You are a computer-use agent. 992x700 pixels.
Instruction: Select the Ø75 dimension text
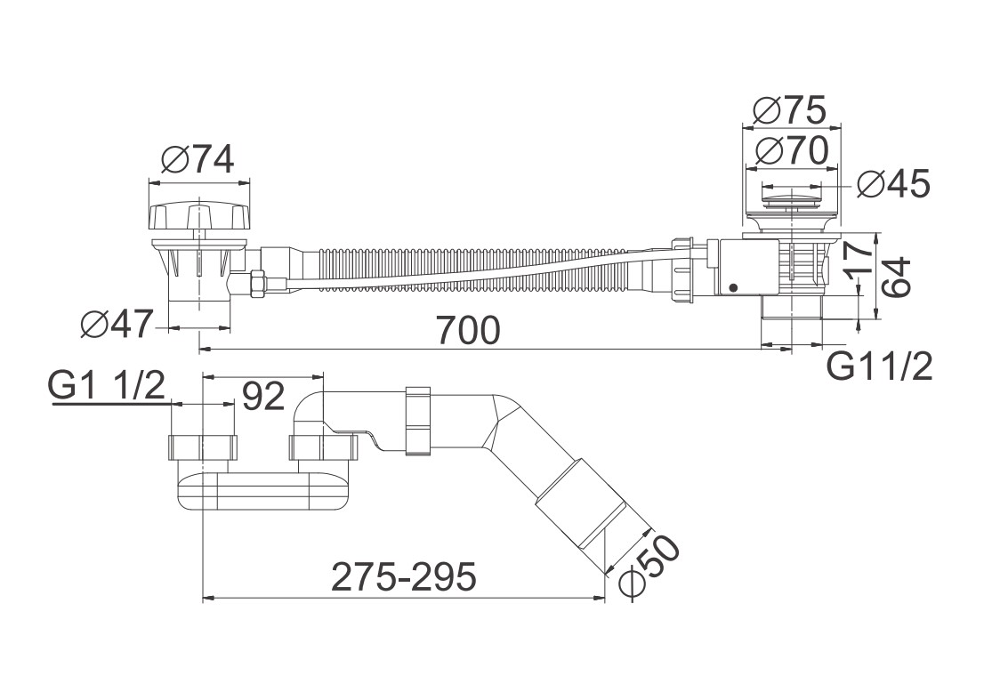789,110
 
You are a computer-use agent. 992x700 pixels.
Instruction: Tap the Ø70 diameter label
792,150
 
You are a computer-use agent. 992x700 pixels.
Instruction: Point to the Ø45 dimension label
894,184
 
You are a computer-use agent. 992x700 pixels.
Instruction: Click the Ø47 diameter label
117,326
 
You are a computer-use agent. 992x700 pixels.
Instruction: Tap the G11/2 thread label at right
880,367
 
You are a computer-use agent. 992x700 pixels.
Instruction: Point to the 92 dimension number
263,397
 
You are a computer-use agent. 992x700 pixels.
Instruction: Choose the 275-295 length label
404,576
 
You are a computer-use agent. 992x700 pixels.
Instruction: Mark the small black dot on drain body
732,288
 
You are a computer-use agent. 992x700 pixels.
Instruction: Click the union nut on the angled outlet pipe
418,421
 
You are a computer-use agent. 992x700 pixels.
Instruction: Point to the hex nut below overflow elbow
258,283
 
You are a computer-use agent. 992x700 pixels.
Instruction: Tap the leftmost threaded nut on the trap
204,447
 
